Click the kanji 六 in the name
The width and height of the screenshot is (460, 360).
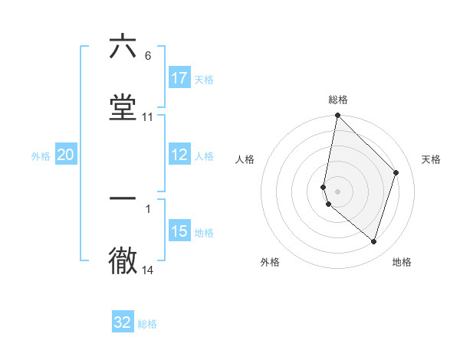point(123,46)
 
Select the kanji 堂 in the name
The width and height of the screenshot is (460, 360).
point(123,107)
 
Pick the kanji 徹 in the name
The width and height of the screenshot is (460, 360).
point(123,260)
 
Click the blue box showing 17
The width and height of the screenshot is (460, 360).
point(179,78)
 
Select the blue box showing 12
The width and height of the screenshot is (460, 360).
point(179,155)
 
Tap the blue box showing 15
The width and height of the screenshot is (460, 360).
point(179,231)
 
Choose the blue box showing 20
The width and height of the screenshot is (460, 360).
point(66,155)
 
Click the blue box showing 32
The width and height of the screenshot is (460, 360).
point(123,322)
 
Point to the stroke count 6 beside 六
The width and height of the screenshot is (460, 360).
point(148,56)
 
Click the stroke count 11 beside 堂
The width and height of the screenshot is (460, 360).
point(148,117)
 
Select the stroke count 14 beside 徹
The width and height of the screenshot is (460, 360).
point(148,270)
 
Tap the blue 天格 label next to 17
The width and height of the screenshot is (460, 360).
point(204,80)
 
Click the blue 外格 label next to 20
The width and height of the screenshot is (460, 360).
point(41,156)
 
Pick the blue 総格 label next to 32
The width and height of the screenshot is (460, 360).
point(147,324)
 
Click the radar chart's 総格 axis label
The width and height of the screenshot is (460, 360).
point(337,100)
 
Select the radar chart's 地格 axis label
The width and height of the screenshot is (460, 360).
point(402,262)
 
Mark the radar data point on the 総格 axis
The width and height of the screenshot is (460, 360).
point(337,116)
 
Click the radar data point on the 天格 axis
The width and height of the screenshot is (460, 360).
point(396,172)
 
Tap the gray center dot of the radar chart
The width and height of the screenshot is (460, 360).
point(337,191)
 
